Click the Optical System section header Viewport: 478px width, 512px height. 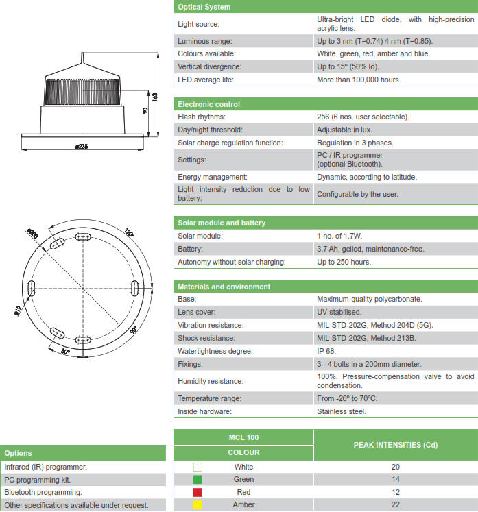coord(204,7)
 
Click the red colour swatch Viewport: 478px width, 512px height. coord(198,492)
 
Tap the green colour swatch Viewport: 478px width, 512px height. coord(198,479)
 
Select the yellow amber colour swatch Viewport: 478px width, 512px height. coord(198,505)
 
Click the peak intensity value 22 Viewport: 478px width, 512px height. coord(396,505)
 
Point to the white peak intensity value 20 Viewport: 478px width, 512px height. coord(396,467)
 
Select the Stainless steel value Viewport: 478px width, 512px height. coord(342,411)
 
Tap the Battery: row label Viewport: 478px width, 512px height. coord(190,249)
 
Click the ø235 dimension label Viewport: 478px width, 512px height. coord(82,146)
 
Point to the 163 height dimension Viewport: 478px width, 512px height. coord(155,96)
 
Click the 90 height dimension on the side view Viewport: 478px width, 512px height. coord(145,110)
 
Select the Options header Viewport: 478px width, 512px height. coord(19,453)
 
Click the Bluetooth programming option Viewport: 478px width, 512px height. coord(43,492)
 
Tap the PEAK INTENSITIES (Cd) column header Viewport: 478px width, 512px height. coord(395,445)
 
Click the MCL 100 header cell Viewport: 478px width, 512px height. coord(243,437)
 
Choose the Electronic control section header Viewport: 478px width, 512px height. coord(209,104)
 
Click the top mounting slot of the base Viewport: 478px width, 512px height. coord(83,236)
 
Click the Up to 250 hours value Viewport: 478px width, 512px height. coord(344,262)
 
